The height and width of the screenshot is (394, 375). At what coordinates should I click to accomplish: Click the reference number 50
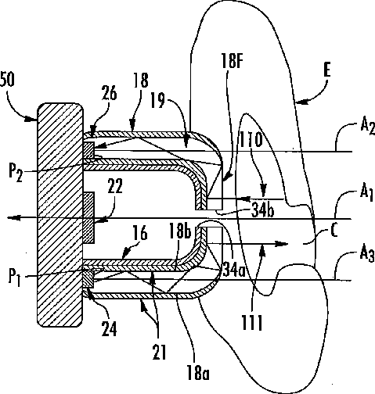pos(7,80)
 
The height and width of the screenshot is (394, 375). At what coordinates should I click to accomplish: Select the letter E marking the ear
pos(327,70)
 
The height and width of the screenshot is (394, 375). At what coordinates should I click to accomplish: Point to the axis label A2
pos(367,126)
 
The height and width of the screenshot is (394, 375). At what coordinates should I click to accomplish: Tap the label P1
pos(15,278)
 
